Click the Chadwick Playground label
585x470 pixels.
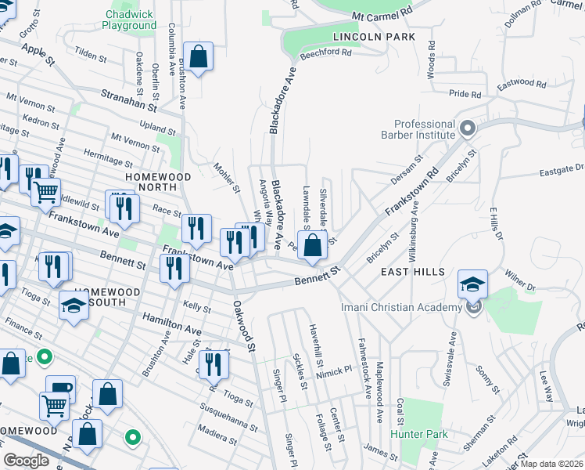pos(129,20)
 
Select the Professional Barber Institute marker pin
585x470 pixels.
pos(468,127)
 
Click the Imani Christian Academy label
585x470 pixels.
pos(402,307)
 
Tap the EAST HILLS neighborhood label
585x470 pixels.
pos(412,272)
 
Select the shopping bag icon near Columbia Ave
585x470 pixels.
pos(199,56)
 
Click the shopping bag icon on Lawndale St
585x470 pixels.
pos(312,244)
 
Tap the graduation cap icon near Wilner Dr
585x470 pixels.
pos(472,284)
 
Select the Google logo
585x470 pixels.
pos(27,461)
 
